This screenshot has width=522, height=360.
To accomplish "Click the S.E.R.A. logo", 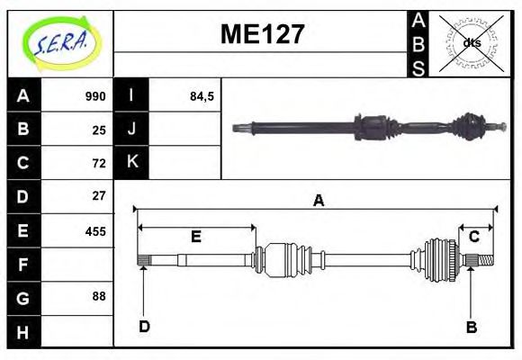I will pyautogui.click(x=60, y=42).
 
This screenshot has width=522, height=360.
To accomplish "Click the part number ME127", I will pyautogui.click(x=262, y=35).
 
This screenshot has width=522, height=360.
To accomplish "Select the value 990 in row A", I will pyautogui.click(x=95, y=96).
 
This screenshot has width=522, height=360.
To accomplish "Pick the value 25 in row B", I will pyautogui.click(x=99, y=130).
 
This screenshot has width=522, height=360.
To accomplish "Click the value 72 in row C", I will pyautogui.click(x=99, y=163).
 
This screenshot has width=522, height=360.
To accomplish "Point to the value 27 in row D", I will pyautogui.click(x=99, y=195).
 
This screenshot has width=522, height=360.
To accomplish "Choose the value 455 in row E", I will pyautogui.click(x=95, y=230).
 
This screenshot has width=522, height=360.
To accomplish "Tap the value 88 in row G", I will pyautogui.click(x=99, y=296).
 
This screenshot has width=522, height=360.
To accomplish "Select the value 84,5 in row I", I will pyautogui.click(x=202, y=96).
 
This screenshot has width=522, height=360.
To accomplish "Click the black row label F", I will pyautogui.click(x=23, y=264).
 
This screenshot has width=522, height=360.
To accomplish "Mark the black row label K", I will pyautogui.click(x=131, y=163).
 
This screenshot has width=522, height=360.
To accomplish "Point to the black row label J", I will pyautogui.click(x=131, y=130).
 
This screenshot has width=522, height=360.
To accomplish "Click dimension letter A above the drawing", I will pyautogui.click(x=318, y=202).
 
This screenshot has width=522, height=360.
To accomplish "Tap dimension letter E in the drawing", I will pyautogui.click(x=195, y=238).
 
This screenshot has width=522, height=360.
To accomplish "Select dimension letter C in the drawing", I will pyautogui.click(x=472, y=238).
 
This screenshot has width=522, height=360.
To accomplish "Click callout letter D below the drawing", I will pyautogui.click(x=144, y=326).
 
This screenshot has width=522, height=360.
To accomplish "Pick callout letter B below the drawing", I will pyautogui.click(x=471, y=328).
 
